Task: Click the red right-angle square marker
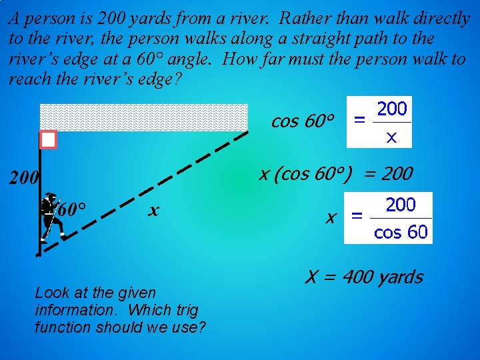coord(48,139)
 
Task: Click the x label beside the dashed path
coord(153,211)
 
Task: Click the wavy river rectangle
coord(143,117)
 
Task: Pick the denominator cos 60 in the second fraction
coord(401,233)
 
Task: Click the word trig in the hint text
coord(180,310)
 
